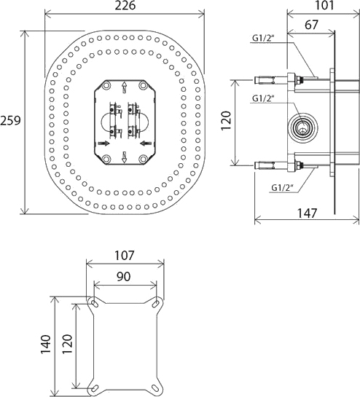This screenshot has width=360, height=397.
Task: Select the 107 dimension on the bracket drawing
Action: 125,257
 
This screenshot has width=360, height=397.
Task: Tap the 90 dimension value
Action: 125,277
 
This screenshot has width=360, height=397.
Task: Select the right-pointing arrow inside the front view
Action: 105,144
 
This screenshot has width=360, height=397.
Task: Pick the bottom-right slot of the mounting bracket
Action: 158,385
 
